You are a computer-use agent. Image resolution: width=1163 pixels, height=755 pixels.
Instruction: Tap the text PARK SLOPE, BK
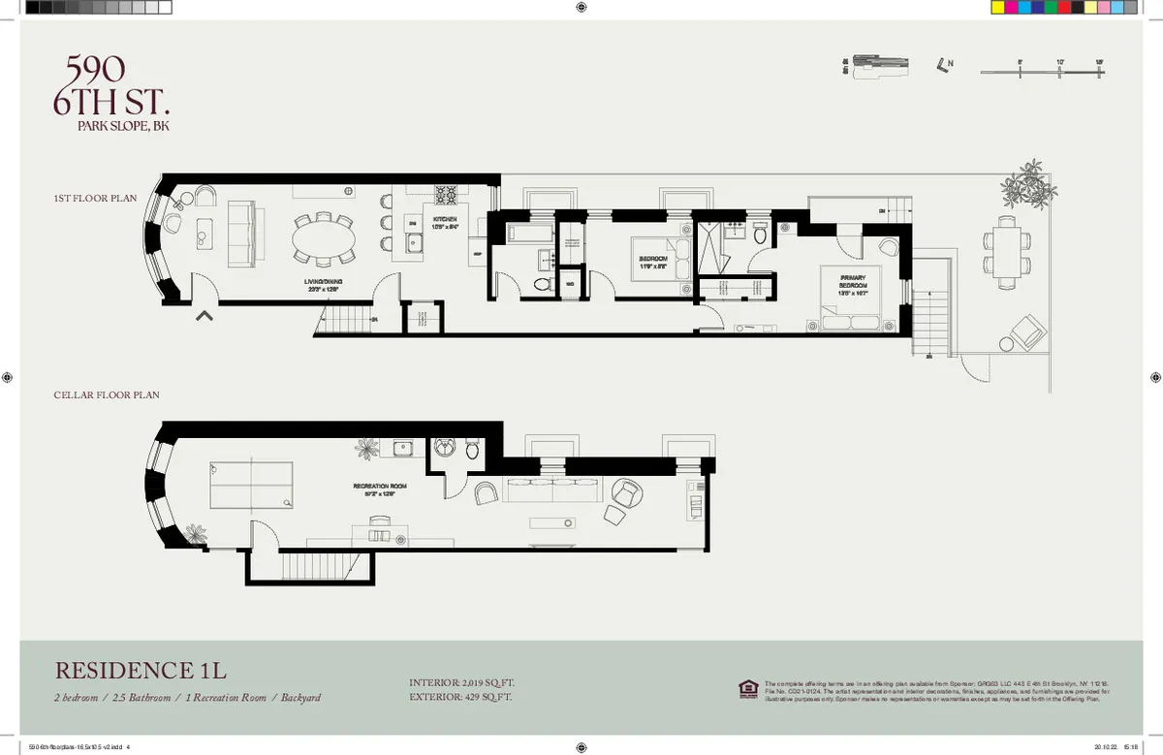[122, 125]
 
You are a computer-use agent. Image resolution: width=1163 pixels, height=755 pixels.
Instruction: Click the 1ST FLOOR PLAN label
[95, 198]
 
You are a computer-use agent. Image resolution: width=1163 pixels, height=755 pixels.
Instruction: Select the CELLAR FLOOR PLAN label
[107, 395]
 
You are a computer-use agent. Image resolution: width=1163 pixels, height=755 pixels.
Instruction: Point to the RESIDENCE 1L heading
[141, 671]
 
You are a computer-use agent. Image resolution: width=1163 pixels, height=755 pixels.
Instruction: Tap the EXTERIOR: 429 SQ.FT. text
[460, 697]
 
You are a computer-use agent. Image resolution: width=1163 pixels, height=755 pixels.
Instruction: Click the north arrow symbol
[943, 66]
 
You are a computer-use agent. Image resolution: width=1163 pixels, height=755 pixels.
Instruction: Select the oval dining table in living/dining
[325, 237]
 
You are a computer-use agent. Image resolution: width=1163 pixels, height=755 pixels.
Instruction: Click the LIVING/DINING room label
[325, 283]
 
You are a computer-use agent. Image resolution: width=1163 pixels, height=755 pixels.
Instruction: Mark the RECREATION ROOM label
[379, 488]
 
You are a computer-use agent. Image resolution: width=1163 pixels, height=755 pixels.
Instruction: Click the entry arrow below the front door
[204, 314]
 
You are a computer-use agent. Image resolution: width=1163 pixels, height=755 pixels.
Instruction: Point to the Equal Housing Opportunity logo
[748, 688]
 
